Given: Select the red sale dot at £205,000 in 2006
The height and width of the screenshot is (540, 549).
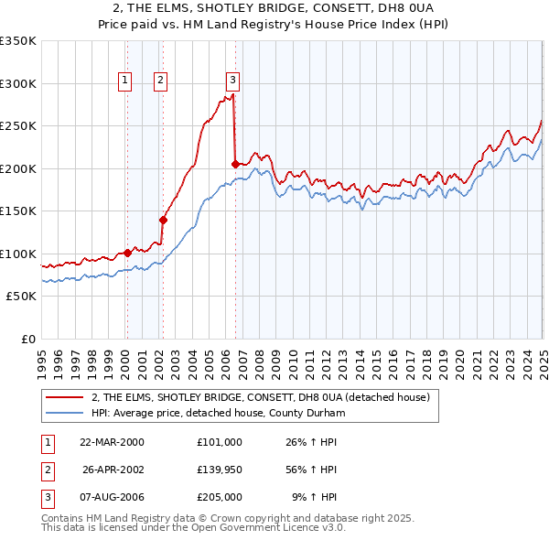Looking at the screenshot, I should pyautogui.click(x=235, y=164).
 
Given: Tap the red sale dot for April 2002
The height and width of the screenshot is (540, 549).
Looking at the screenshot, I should pyautogui.click(x=164, y=220).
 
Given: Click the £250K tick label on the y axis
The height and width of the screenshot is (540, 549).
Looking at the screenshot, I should pyautogui.click(x=18, y=125).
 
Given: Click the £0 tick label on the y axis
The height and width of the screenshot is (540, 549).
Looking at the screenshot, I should pyautogui.click(x=27, y=339).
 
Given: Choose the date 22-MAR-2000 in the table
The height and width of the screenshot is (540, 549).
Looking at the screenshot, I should pyautogui.click(x=113, y=442).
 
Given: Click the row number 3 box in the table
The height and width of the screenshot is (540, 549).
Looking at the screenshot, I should pyautogui.click(x=46, y=499).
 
